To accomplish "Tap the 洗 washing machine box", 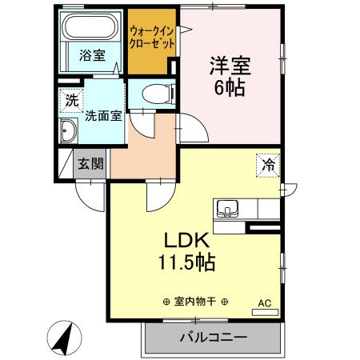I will [71, 102].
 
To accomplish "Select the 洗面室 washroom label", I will [103, 114].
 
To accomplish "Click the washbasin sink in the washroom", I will [68, 133].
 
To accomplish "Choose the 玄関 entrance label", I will [90, 164].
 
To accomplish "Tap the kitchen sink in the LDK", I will [227, 210].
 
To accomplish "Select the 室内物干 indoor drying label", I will [195, 302].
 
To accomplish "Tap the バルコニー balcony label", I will [212, 337].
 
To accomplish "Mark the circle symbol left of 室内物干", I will [166, 302].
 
